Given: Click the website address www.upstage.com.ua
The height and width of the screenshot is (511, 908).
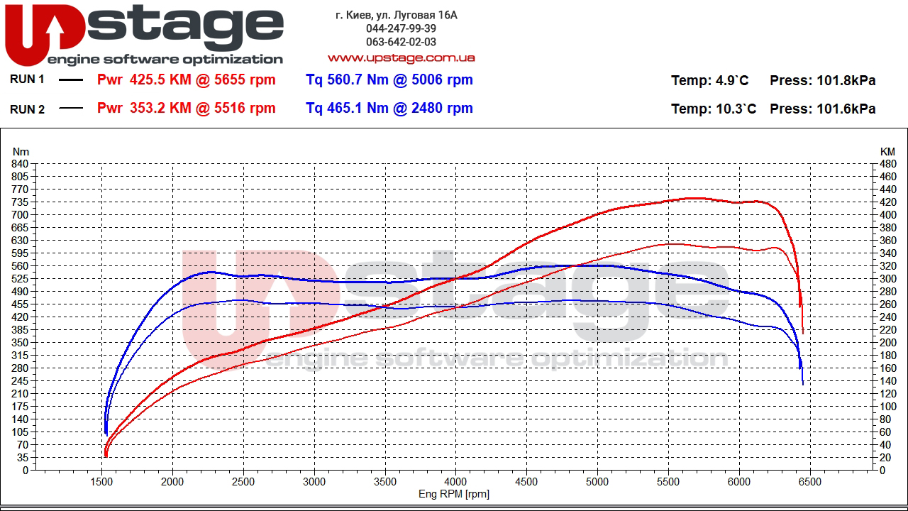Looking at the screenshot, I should (x=401, y=57).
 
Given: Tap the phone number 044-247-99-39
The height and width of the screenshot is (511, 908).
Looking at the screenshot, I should (x=401, y=28).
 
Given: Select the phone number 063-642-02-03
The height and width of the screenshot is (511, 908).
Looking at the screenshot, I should (x=401, y=42).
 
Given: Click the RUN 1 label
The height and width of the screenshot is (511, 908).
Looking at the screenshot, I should (x=27, y=79).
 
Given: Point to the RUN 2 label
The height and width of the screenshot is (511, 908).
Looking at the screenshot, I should (x=27, y=109).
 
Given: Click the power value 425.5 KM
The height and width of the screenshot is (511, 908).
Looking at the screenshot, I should (x=160, y=80).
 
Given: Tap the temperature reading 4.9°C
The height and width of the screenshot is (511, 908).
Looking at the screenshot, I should (x=730, y=81).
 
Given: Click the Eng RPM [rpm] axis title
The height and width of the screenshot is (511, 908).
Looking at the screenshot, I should (x=453, y=494).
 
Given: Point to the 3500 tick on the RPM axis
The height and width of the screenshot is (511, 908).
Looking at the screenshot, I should (x=385, y=482).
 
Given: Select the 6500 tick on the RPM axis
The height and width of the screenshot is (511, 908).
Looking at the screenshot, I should (x=809, y=482).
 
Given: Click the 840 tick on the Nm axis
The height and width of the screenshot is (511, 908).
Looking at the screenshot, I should (x=20, y=164).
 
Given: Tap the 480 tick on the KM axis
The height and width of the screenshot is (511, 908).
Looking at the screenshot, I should (x=887, y=164).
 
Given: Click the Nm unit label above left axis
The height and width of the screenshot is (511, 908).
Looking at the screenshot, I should (x=21, y=151).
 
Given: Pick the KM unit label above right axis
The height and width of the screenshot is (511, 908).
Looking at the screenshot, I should (x=887, y=151).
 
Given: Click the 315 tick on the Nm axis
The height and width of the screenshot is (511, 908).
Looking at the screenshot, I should (x=20, y=356).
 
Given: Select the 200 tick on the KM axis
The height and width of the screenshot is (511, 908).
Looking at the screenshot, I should (x=887, y=343).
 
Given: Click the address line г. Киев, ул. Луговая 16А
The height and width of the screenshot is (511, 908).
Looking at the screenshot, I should (x=397, y=15).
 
